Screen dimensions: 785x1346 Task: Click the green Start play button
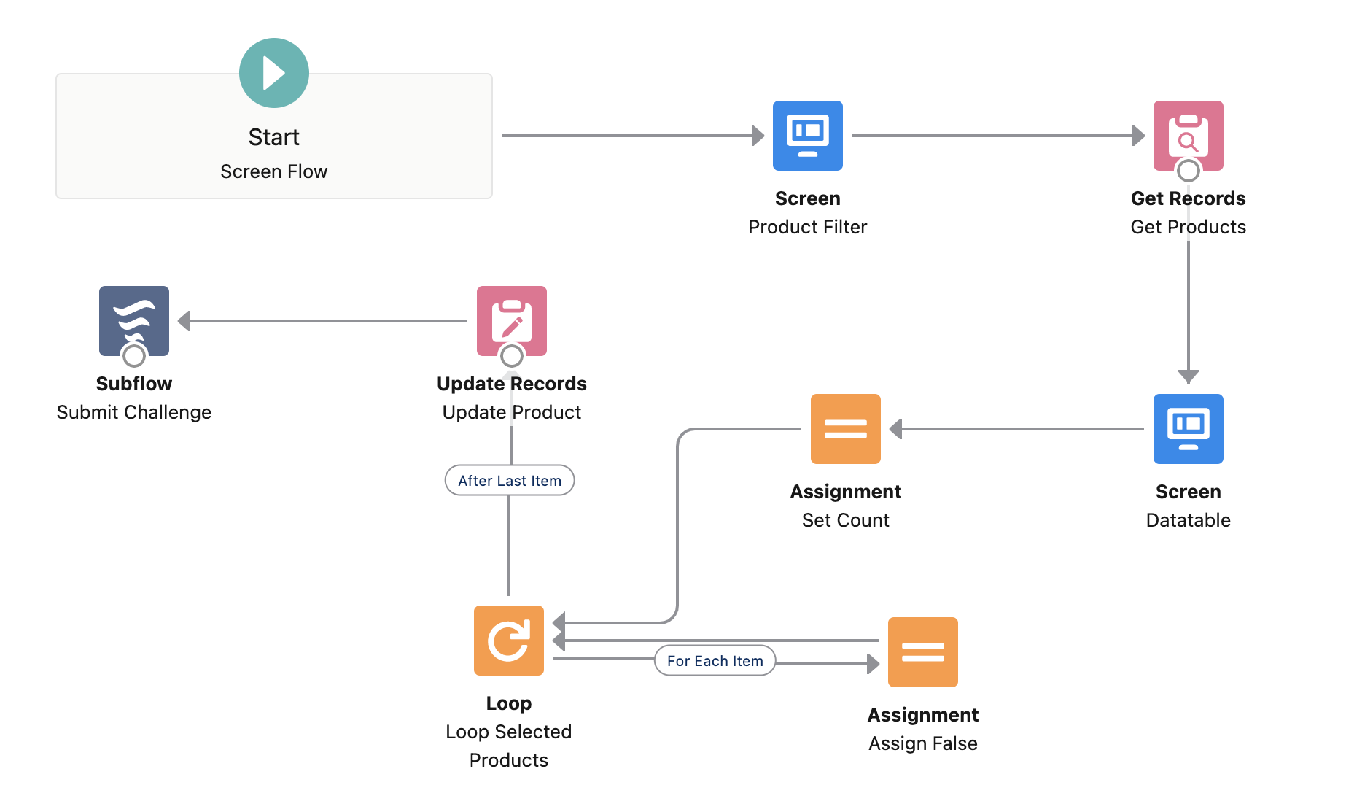[273, 73]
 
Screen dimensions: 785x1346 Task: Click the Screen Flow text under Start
[273, 171]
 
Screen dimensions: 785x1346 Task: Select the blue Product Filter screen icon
[807, 135]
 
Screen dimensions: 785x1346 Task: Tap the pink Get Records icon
[1188, 131]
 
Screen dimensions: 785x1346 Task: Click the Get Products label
[1188, 227]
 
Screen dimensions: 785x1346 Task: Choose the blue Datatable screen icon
[1188, 428]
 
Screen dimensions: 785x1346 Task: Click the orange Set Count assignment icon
[845, 428]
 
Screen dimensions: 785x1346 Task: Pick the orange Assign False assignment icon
[922, 651]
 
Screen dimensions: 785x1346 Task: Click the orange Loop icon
[508, 640]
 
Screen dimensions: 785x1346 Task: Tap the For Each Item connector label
[715, 660]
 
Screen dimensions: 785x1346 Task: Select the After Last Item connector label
[509, 480]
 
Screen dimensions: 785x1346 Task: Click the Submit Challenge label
[133, 412]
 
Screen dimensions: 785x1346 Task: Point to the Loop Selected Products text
[508, 745]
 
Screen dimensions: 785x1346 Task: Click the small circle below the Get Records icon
[1188, 171]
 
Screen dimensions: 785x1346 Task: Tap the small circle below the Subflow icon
[133, 356]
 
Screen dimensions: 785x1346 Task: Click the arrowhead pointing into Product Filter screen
[758, 136]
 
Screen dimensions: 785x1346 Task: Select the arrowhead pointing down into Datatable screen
[1188, 376]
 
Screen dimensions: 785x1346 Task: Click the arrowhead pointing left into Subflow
[184, 321]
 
